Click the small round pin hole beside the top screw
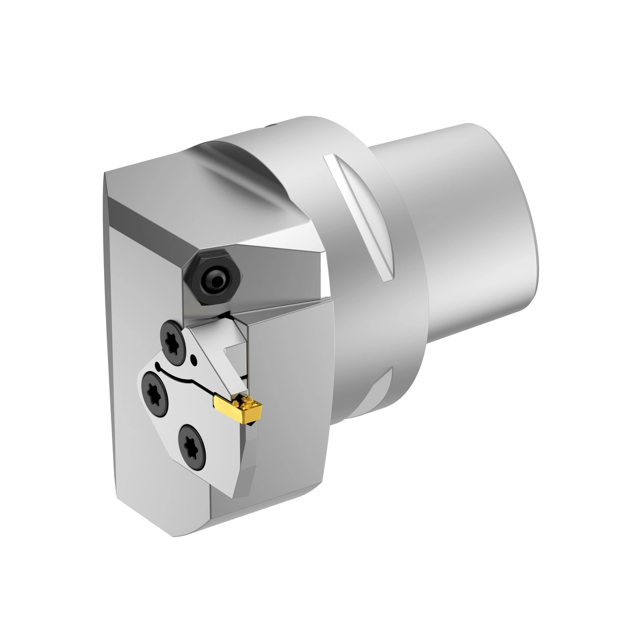click(193, 357)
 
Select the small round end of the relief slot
click(158, 367)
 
